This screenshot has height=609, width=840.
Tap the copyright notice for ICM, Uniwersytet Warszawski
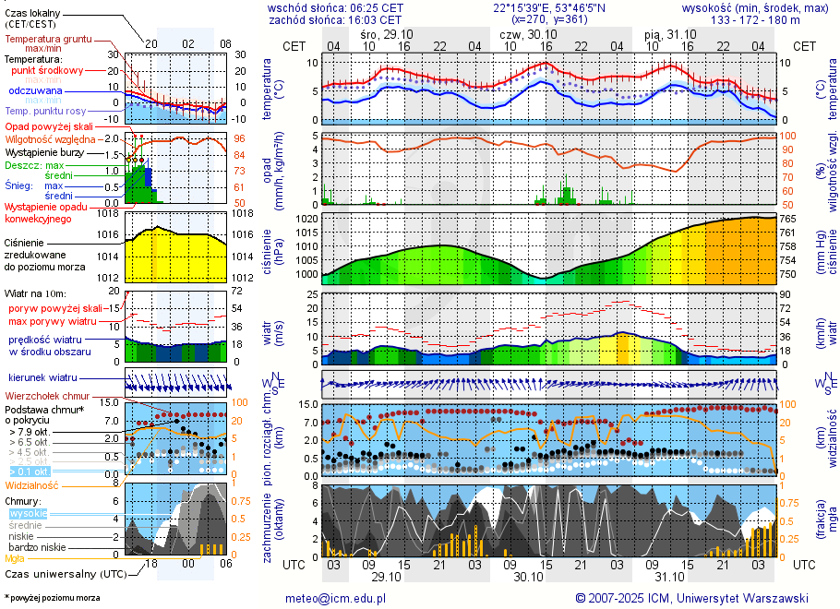(691, 598)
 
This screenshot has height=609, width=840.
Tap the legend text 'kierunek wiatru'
(43, 378)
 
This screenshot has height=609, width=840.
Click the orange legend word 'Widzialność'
(31, 484)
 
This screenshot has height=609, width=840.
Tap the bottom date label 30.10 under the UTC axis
(528, 577)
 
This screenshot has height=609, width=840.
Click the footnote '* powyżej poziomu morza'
(52, 598)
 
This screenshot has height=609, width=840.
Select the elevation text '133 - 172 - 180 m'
(755, 18)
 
